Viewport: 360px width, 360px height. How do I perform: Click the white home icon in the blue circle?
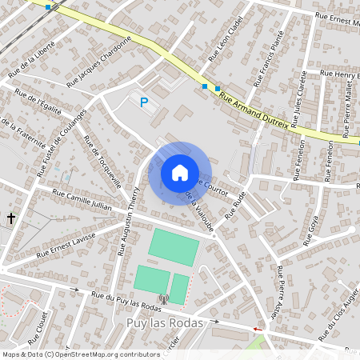tap(180, 172)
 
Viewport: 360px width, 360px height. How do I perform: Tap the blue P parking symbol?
tap(144, 102)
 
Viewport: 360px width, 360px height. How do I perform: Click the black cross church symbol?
tap(11, 218)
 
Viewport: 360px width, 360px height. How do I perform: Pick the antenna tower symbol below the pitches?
tap(164, 299)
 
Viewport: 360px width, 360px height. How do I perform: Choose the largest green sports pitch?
tap(173, 248)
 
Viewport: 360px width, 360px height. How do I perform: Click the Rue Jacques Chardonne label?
tap(99, 60)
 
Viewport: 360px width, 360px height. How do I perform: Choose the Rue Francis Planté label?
tap(269, 59)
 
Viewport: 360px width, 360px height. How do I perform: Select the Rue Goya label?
tap(310, 230)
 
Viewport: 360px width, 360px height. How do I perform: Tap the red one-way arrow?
tap(257, 328)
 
